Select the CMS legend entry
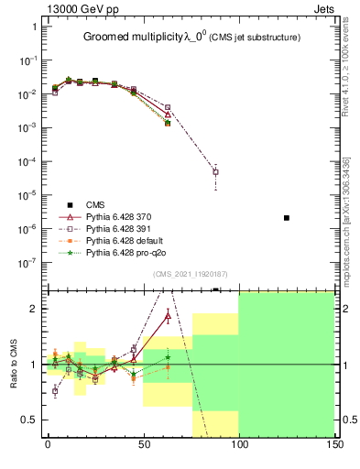pyautogui.click(x=95, y=204)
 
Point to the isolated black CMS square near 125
pyautogui.click(x=287, y=217)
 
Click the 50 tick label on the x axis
pyautogui.click(x=143, y=444)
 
